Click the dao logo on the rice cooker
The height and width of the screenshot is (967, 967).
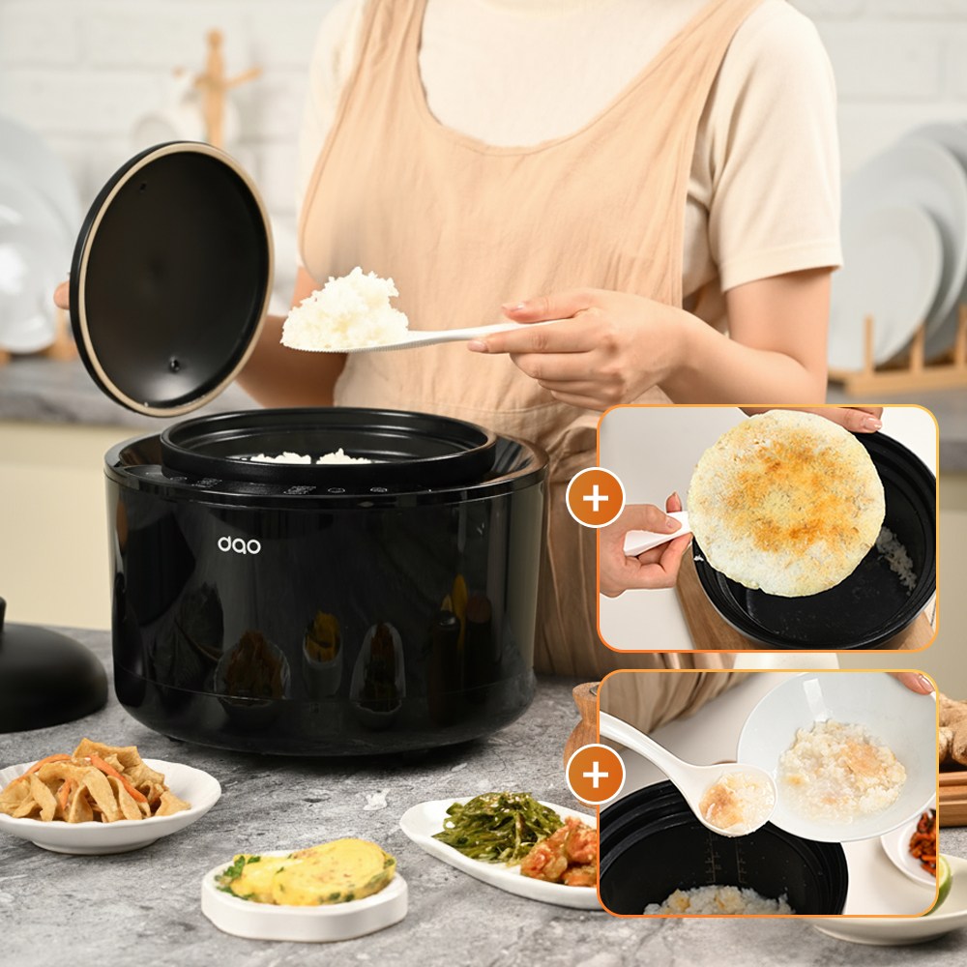tap(239, 544)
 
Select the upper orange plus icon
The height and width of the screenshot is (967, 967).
tap(595, 498)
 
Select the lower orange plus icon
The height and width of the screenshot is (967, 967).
tap(595, 774)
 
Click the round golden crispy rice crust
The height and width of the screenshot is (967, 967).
tap(785, 503)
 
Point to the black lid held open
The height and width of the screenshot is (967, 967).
tap(171, 278)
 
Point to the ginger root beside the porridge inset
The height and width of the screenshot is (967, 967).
tap(952, 728)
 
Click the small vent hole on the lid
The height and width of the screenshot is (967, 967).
tap(175, 365)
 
